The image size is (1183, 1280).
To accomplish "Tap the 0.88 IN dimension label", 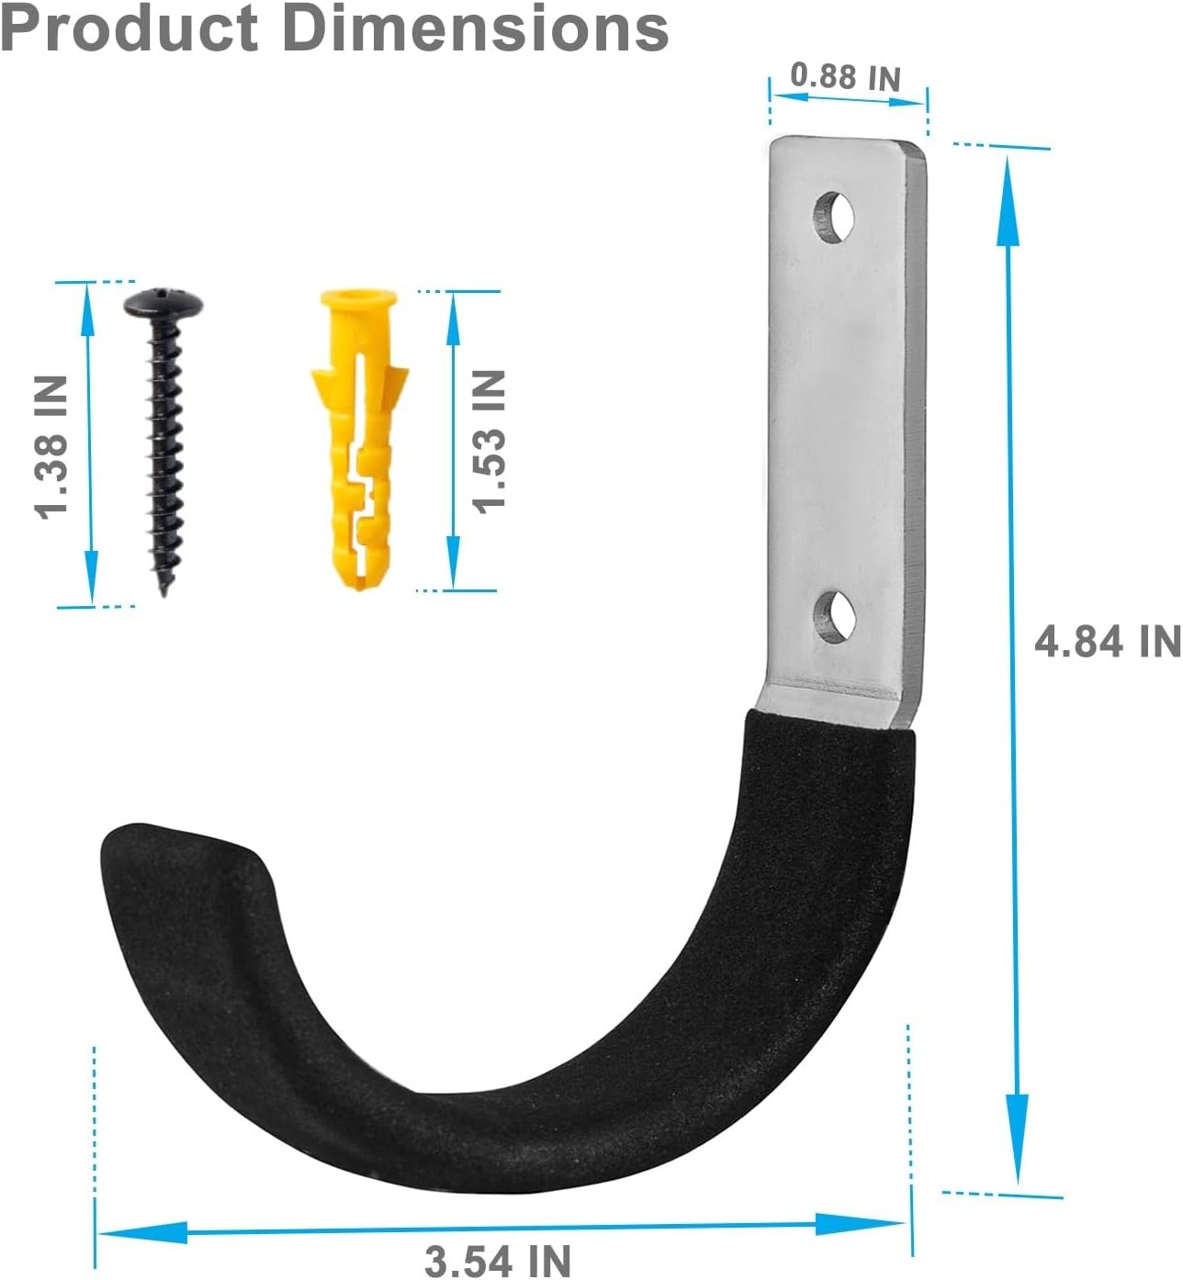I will point(846,77).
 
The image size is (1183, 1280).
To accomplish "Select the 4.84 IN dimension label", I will point(1107,640).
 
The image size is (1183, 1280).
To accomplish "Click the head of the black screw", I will point(163,303).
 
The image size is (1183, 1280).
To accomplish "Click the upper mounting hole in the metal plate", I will point(834,217).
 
